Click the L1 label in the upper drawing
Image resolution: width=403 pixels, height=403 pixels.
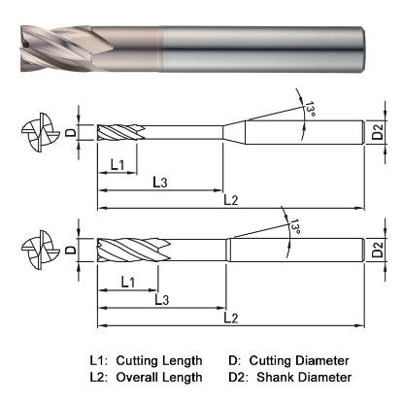118,164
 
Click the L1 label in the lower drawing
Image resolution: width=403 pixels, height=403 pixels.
127,282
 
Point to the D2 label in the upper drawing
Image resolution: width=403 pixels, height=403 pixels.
380,132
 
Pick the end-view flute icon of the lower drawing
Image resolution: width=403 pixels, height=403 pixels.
32,249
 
